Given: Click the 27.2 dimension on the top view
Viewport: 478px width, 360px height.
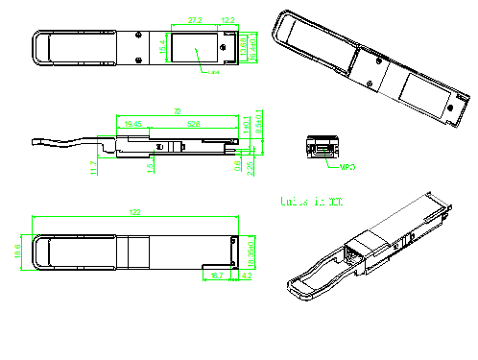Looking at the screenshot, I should point(195,19).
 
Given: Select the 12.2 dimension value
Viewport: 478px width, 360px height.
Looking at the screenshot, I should point(228,19).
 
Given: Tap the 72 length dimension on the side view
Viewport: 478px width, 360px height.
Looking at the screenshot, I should point(177,112).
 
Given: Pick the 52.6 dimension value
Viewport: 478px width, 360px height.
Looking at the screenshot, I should point(193,124).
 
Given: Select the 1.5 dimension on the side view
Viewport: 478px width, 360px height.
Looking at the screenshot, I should point(149,167).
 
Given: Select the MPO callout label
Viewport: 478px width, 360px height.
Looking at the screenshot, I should point(348,168).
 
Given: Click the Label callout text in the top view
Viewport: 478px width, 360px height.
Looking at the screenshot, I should point(214,74).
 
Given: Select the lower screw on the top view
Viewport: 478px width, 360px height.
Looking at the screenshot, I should point(139,61).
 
